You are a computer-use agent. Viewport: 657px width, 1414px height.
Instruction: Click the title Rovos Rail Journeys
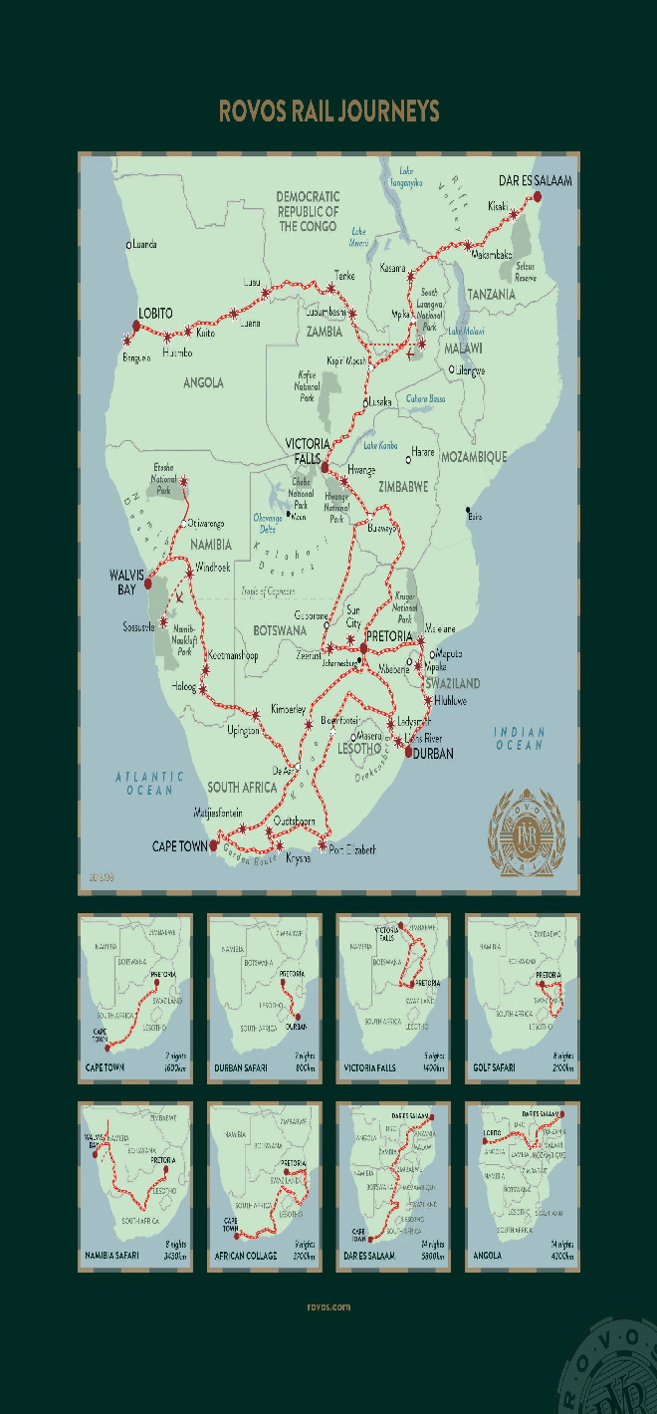click(x=328, y=111)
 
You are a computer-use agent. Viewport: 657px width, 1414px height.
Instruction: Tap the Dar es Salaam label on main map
click(x=535, y=180)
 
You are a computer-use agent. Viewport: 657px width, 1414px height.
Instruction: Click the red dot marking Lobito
click(x=135, y=326)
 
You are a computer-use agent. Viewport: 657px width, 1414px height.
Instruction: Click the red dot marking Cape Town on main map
click(x=214, y=845)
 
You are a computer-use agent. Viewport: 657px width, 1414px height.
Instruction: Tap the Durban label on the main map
click(x=432, y=754)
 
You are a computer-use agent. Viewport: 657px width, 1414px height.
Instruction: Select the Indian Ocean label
click(x=520, y=738)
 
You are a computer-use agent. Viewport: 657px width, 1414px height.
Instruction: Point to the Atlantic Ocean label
click(x=149, y=783)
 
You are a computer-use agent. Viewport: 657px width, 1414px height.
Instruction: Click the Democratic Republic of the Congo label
click(x=308, y=211)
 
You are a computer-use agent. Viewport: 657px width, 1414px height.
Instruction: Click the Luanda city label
click(x=142, y=244)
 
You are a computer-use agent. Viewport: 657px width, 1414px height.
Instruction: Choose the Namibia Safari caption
click(x=112, y=1257)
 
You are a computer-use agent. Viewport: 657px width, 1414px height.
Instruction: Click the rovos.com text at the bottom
click(x=328, y=1307)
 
